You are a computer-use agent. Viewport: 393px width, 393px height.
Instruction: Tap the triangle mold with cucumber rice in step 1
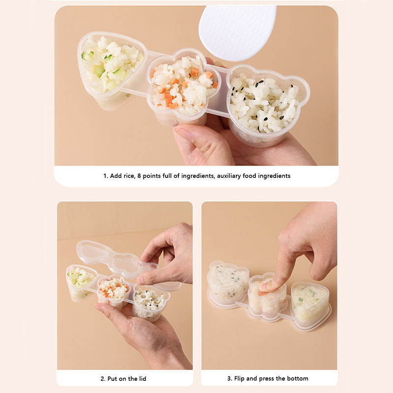click(112, 70)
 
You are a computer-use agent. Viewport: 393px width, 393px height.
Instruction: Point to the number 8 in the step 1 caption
click(139, 176)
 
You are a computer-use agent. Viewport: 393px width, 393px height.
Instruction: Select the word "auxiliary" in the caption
click(228, 176)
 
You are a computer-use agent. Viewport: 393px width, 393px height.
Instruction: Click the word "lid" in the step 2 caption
click(142, 378)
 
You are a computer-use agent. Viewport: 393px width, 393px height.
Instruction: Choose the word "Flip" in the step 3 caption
click(239, 378)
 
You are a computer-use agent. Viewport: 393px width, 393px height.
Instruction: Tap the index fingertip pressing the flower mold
click(266, 288)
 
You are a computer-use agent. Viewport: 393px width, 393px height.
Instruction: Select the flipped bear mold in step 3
click(228, 282)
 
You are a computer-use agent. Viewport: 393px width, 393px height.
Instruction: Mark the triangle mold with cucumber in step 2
click(81, 282)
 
